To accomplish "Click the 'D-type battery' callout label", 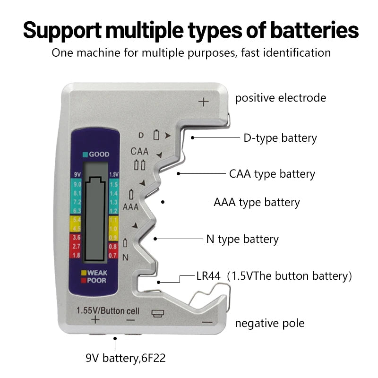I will (280, 138).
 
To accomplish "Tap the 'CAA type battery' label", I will (272, 174).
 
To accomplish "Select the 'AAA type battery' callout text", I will (257, 203).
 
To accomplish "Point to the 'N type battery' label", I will (242, 239).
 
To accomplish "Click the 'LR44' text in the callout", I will (208, 276).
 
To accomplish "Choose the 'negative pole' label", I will (270, 323).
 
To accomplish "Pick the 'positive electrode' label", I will (281, 98).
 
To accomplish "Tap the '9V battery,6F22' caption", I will (126, 358).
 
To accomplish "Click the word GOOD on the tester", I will (99, 155).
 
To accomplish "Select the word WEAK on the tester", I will (97, 273).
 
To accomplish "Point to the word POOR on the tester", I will (97, 280).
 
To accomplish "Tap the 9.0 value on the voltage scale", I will (77, 183).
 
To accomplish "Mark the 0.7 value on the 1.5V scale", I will (113, 255).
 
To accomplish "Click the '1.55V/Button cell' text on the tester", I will (108, 310).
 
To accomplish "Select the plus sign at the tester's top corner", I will (203, 101).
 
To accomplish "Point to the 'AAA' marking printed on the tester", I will (130, 207).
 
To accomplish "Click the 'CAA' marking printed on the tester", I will (139, 151).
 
